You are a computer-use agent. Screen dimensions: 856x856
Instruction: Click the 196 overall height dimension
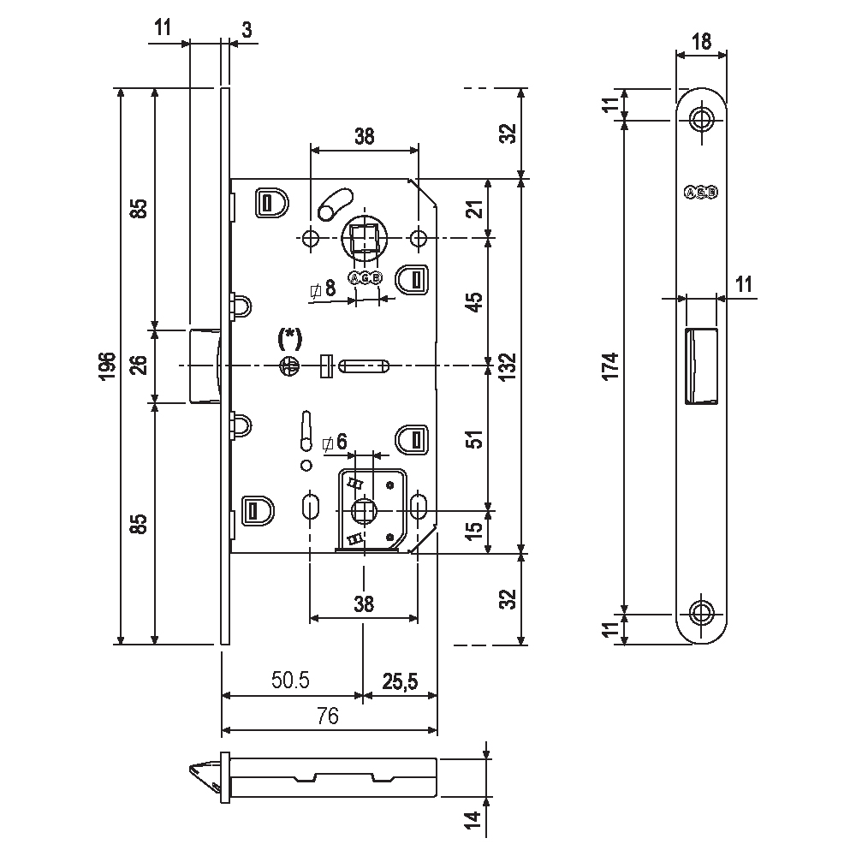coord(106,366)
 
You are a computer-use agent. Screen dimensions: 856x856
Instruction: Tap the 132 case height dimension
coord(510,366)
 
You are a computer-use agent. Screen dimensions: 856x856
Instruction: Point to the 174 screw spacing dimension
coord(609,366)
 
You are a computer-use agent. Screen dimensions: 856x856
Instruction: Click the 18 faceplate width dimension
coord(702,40)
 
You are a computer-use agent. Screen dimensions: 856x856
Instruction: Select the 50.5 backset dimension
coord(291,681)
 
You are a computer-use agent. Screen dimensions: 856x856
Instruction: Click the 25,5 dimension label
coord(400,681)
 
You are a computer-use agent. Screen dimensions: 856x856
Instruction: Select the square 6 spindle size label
coord(335,443)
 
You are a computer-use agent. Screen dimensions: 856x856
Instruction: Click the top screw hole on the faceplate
coord(702,119)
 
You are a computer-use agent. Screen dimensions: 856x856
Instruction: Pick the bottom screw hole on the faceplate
coord(702,613)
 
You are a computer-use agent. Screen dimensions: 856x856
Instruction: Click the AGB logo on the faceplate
coord(702,193)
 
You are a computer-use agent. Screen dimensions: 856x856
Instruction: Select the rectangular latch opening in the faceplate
coord(701,365)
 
